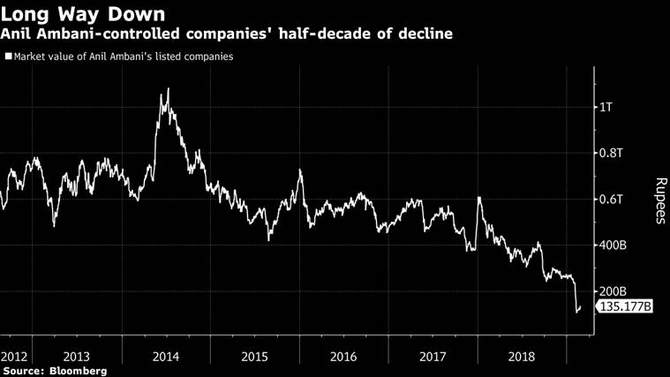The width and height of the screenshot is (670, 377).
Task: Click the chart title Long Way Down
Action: [83, 14]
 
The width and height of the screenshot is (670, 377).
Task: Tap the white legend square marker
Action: [9, 57]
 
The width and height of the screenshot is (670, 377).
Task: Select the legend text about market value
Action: [124, 57]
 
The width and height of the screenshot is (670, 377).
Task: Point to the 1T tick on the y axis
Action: [606, 108]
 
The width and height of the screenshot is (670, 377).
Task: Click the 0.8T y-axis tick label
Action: [611, 154]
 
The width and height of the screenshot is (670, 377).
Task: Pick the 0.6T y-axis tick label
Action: [611, 200]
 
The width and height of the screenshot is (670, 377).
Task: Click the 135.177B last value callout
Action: [625, 307]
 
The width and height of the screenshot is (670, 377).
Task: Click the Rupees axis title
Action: [659, 201]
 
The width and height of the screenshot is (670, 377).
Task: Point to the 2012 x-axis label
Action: [15, 357]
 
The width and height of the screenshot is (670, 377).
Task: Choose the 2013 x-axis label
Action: [77, 357]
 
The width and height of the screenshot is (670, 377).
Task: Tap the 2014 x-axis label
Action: [166, 357]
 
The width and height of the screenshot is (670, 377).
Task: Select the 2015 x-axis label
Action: [254, 357]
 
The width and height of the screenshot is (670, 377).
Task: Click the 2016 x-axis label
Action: [343, 357]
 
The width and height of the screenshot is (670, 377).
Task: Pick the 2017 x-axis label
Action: [433, 357]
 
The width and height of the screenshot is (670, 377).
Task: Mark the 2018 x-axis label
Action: [521, 357]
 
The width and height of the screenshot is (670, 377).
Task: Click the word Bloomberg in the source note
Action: [79, 371]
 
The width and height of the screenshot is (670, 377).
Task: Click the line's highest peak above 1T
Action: [168, 89]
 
